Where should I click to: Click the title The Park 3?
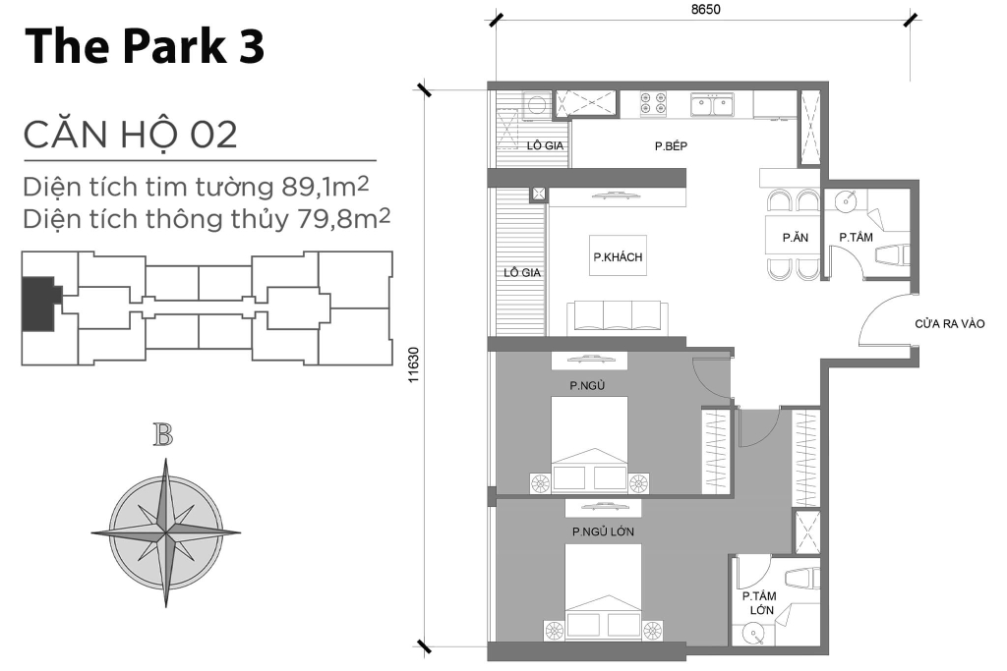pyautogui.click(x=145, y=46)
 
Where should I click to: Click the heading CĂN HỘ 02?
pyautogui.click(x=131, y=134)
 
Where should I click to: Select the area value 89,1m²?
pyautogui.click(x=325, y=187)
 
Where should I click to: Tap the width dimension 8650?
pyautogui.click(x=706, y=9)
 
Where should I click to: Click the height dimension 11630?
pyautogui.click(x=413, y=365)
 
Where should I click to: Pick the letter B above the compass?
pyautogui.click(x=163, y=435)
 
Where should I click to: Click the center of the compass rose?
pyautogui.click(x=165, y=532)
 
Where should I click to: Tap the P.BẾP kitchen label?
pyautogui.click(x=671, y=146)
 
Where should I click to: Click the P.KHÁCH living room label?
pyautogui.click(x=618, y=257)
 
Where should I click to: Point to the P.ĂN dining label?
pyautogui.click(x=795, y=238)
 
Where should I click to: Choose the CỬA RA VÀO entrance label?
pyautogui.click(x=949, y=324)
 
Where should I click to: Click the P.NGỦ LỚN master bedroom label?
pyautogui.click(x=603, y=531)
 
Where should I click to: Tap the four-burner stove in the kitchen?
pyautogui.click(x=653, y=104)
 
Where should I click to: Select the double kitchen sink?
pyautogui.click(x=712, y=104)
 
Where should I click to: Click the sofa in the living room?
pyautogui.click(x=618, y=317)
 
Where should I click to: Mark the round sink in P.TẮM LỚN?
pyautogui.click(x=752, y=634)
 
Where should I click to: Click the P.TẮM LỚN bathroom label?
pyautogui.click(x=760, y=603)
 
